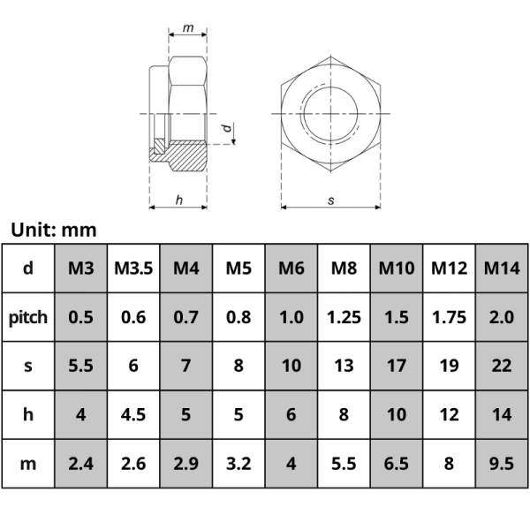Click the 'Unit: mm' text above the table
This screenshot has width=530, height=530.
[53, 231]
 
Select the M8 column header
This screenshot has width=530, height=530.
[344, 268]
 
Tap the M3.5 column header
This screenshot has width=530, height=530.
[133, 268]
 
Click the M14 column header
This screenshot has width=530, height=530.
[502, 268]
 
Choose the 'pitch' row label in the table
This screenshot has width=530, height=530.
[28, 316]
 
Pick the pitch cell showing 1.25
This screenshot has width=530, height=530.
[344, 316]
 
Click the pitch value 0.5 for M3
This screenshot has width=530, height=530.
[80, 316]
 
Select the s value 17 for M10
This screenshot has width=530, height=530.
[397, 365]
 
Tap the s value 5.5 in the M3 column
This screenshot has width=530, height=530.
[80, 365]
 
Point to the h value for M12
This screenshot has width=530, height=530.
[449, 413]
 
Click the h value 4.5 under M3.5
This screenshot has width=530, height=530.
[133, 413]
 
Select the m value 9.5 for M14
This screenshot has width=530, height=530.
[502, 462]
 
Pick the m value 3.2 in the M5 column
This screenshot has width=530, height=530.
[238, 462]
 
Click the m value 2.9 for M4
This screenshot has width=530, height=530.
[185, 462]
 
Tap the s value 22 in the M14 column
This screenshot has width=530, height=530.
[502, 365]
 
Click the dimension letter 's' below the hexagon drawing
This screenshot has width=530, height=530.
[331, 201]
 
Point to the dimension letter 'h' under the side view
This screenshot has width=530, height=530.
[178, 201]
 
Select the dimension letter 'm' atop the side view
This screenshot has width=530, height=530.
[188, 28]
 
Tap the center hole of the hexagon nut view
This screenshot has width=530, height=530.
[331, 114]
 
